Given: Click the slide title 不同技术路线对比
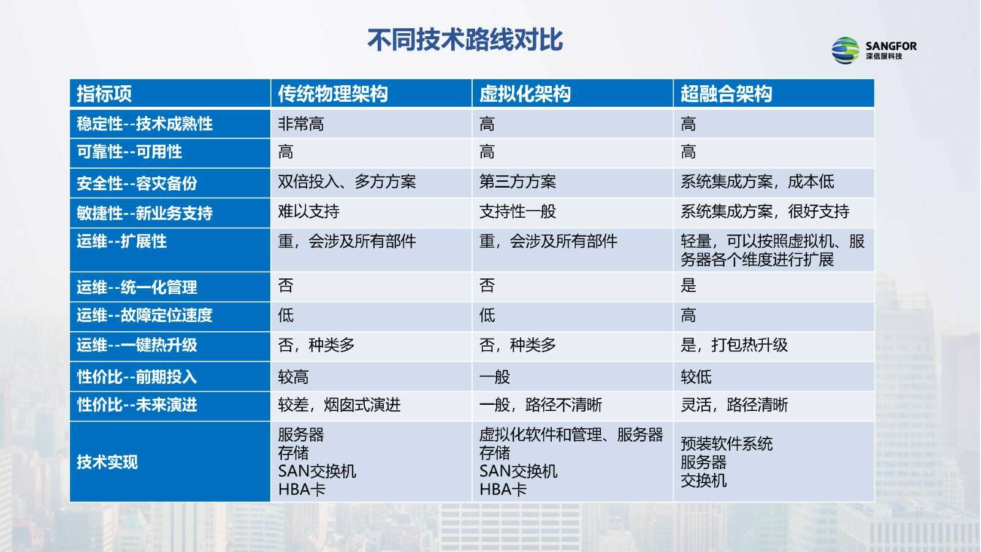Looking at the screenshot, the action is coord(465,40).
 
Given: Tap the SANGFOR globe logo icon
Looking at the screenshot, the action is coord(845,50).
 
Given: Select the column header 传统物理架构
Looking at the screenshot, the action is coord(333,94).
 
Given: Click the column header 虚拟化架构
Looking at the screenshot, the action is coord(525,94).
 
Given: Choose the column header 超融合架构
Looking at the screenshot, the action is coord(726,94).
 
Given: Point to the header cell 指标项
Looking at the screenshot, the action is coord(104,94).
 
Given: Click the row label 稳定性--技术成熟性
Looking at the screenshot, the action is coord(145,124).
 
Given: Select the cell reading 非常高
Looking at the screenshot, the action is coord(301,124).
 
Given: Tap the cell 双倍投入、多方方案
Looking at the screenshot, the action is coord(347,182).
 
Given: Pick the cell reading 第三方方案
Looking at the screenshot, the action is coord(517,182).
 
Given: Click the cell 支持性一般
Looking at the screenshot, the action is coord(517,212).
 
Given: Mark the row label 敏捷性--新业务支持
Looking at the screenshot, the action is coord(145,213).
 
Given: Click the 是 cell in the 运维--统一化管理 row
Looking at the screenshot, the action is coord(688,286).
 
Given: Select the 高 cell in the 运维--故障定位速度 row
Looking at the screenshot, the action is coord(688,315).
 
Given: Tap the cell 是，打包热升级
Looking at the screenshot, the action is coord(734,345).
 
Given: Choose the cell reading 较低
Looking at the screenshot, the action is coord(696,377).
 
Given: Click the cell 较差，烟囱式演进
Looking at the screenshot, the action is coord(340,405).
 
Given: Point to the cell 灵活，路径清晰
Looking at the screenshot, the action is coord(734,405).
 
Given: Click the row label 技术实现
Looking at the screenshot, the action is coord(107,462).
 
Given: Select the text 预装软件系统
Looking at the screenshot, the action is coord(727,444).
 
